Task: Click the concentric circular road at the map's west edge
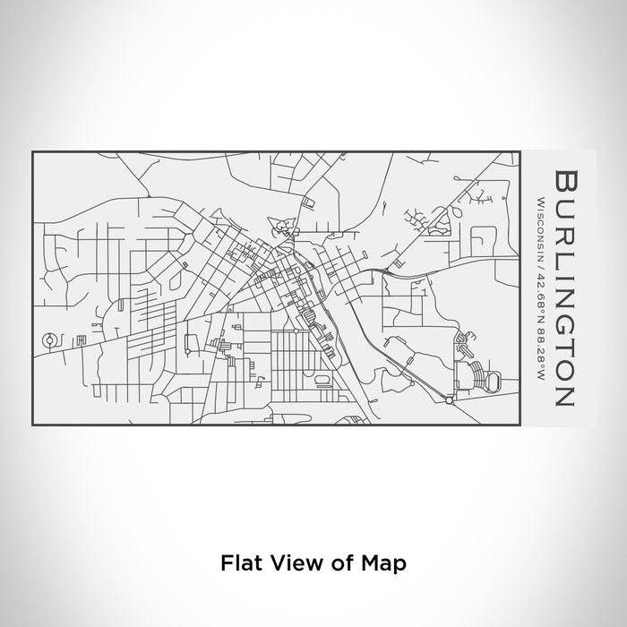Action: click(50, 339)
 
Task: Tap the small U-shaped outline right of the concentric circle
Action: click(81, 339)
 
